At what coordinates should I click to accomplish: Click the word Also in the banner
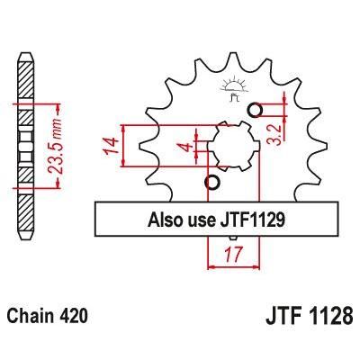tap(166, 219)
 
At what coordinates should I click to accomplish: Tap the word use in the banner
tap(200, 219)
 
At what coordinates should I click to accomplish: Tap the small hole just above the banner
tap(212, 184)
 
